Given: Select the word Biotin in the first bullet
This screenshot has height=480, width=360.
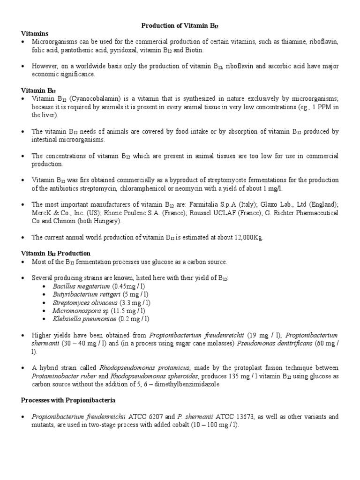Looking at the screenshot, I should (194, 50).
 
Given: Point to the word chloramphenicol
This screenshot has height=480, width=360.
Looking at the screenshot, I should (150, 188).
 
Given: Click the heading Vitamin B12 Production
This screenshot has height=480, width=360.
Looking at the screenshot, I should (56, 253).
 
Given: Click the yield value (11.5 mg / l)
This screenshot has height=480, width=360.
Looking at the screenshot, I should (130, 310).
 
